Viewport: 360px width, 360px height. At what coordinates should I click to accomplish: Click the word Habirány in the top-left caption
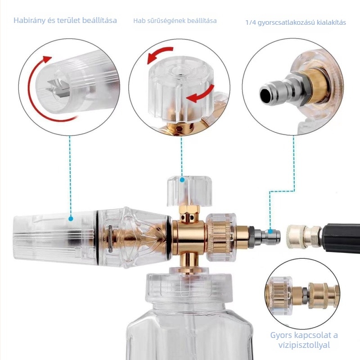[x=29, y=20]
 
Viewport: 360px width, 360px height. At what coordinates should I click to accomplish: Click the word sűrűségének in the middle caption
[x=165, y=21]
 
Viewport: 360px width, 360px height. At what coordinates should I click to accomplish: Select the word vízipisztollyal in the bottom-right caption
[x=304, y=345]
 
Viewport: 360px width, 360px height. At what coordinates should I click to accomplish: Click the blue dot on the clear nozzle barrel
[x=71, y=219]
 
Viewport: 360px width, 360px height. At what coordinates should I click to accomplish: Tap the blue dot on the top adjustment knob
[x=182, y=180]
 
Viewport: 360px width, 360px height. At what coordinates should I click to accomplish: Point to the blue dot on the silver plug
[x=270, y=232]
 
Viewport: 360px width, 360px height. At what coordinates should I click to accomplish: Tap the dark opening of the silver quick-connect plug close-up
[x=266, y=94]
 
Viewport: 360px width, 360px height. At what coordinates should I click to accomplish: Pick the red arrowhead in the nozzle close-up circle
[x=48, y=59]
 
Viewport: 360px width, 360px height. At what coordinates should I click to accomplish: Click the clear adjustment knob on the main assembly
[x=189, y=190]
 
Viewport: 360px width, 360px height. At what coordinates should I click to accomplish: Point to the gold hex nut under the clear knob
[x=189, y=210]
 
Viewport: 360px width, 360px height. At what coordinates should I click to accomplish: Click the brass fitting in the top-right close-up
[x=318, y=85]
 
